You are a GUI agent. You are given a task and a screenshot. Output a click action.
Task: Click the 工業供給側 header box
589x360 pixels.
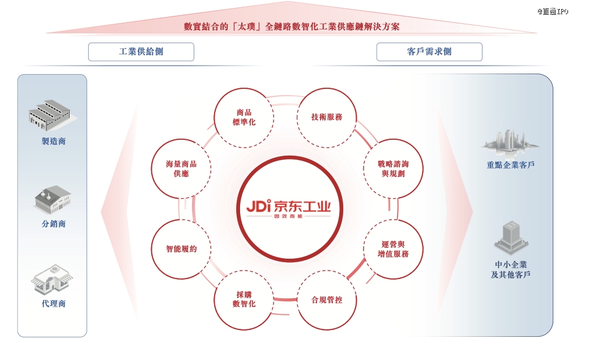click(x=141, y=52)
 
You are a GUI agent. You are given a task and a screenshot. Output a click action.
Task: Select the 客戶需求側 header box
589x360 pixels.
click(x=429, y=52)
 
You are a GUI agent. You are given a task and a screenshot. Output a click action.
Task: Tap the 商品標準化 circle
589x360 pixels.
click(x=244, y=118)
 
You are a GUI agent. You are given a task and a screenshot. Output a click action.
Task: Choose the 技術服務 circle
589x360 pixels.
click(x=327, y=118)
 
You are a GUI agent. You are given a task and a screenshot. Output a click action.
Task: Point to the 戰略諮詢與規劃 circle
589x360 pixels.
click(x=393, y=169)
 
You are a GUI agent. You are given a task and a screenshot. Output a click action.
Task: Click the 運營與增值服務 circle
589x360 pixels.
click(x=393, y=249)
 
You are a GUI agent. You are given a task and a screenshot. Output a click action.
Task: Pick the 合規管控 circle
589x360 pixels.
click(x=327, y=300)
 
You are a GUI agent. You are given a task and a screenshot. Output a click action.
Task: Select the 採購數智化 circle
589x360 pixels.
click(x=244, y=300)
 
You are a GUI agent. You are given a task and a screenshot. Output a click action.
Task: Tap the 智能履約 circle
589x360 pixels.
click(x=181, y=249)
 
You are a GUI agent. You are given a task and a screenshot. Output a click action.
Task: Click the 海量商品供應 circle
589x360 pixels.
click(x=181, y=169)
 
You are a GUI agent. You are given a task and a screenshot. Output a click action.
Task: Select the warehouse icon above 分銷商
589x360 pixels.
click(x=53, y=200)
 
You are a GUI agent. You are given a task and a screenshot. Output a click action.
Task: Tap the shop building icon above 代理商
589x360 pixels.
click(x=52, y=279)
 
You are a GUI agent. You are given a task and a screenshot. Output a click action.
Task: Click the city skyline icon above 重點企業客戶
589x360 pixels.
click(x=510, y=142)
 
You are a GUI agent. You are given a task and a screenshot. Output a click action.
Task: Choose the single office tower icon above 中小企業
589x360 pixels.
click(x=511, y=238)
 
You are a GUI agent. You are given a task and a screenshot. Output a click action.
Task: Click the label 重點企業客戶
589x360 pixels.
click(x=510, y=165)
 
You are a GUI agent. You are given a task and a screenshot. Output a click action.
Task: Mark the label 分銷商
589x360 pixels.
click(x=54, y=224)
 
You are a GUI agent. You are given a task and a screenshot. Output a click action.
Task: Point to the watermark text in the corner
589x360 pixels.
click(x=553, y=12)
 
